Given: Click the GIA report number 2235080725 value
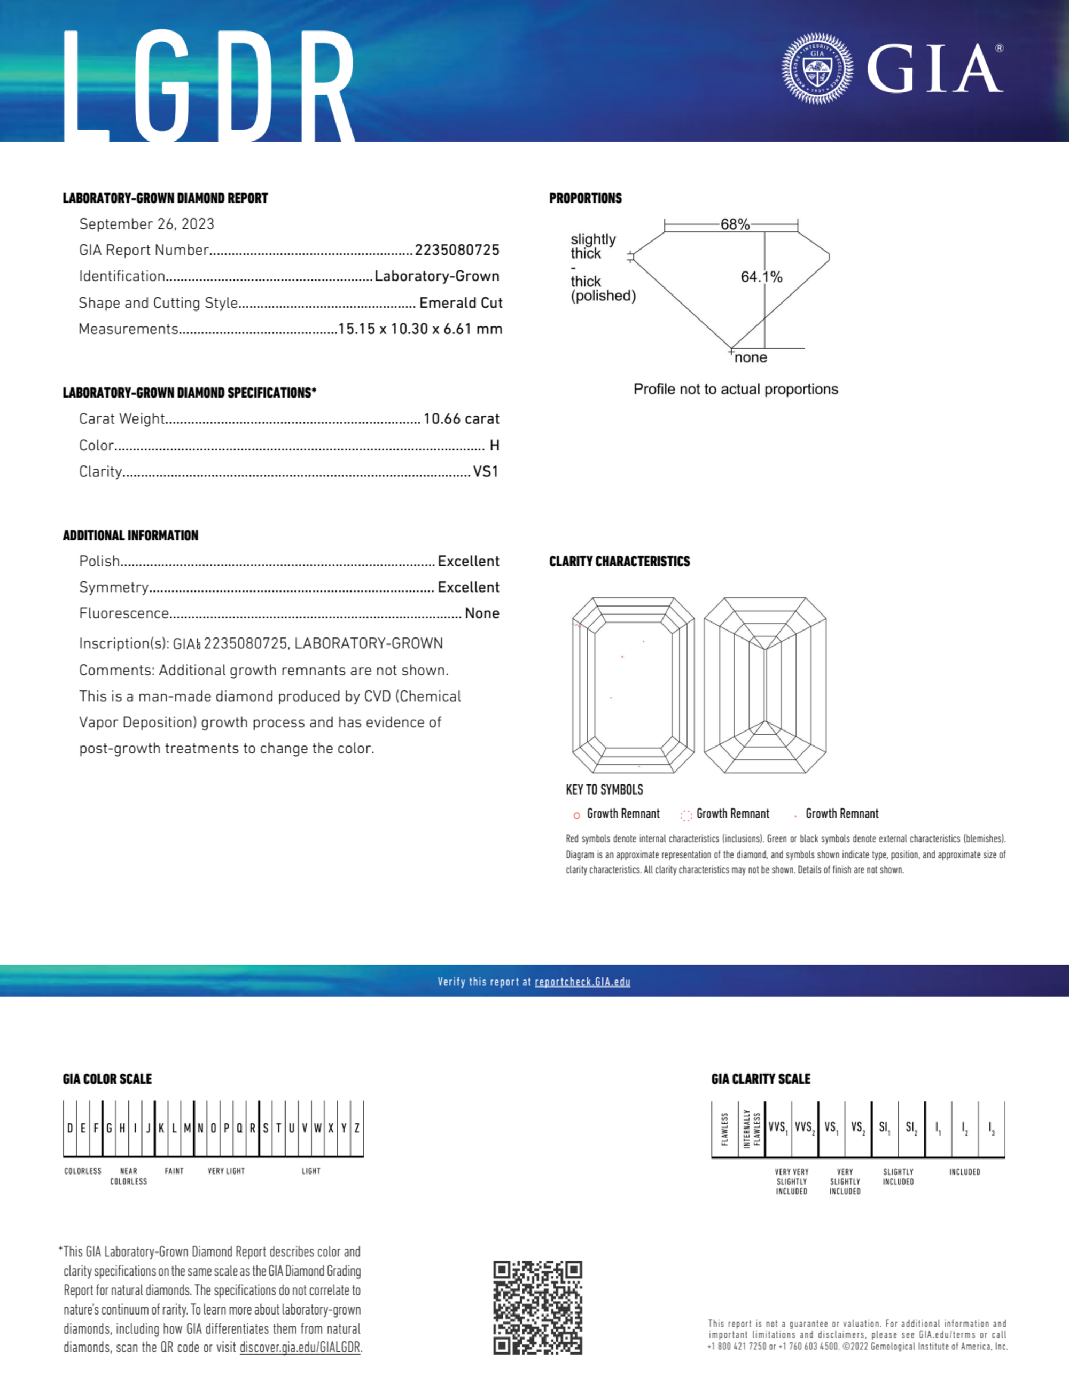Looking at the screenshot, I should tap(457, 250).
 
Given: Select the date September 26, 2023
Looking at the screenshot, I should tap(146, 224).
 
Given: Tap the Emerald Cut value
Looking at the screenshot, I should tap(461, 303).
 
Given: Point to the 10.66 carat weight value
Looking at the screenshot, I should tap(462, 419).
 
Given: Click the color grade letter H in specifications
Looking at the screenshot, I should tap(494, 446).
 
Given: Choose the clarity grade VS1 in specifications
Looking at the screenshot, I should tap(486, 471).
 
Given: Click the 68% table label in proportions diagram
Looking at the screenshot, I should tap(735, 224).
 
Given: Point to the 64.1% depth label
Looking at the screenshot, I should tap(761, 277).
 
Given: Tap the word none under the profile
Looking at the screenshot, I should tap(751, 358).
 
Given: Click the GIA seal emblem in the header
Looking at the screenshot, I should tap(817, 68).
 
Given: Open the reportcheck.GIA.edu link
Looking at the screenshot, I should tap(582, 982).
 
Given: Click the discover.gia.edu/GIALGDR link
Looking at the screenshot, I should tap(300, 1348).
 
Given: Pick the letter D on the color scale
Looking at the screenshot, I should tap(69, 1129).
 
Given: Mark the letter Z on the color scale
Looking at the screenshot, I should tap(357, 1129).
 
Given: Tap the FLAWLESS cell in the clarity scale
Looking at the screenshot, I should tap(724, 1129).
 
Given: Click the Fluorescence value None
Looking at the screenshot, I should tap(481, 613).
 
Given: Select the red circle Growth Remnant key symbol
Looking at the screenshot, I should tap(576, 815).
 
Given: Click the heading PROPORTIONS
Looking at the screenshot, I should tap(585, 198).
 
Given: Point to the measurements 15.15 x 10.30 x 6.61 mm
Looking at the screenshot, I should tap(419, 329).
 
